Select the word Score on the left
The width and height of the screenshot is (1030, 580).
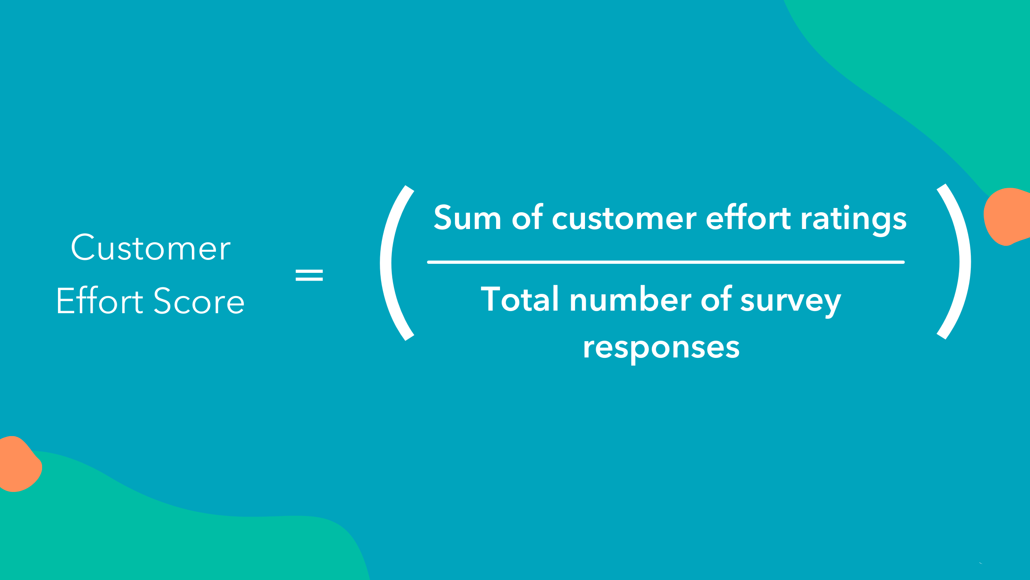click(x=199, y=301)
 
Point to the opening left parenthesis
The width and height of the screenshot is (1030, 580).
click(x=386, y=263)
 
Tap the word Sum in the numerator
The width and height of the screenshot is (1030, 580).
click(x=467, y=217)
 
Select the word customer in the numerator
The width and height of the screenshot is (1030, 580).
click(x=624, y=218)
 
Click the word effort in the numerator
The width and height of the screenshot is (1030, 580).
click(x=748, y=217)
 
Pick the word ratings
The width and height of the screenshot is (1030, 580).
click(x=854, y=220)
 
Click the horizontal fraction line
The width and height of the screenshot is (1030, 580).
click(x=666, y=262)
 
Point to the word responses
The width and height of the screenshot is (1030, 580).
click(x=661, y=348)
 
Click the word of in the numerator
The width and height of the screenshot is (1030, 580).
click(x=527, y=217)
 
